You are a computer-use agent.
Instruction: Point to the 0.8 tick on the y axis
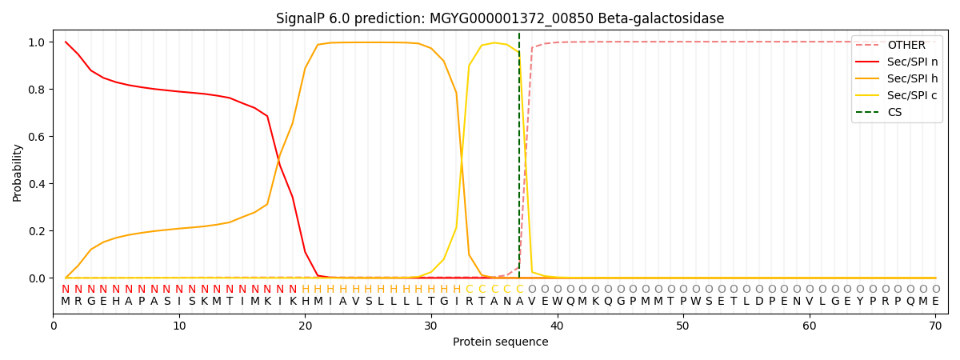coord(41,90)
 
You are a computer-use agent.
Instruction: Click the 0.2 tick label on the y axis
coord(41,231)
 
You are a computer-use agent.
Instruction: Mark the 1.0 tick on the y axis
coord(41,42)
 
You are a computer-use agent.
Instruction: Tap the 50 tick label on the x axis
coord(682,325)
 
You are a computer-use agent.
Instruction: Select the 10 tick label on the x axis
coord(179,325)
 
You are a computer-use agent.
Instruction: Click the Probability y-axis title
coord(18,173)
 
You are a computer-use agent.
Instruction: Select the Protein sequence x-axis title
coord(500,342)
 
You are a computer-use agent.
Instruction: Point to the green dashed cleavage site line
coord(519,160)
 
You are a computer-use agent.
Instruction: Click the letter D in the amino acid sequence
coord(759,302)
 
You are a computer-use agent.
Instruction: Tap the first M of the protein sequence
coord(66,302)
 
